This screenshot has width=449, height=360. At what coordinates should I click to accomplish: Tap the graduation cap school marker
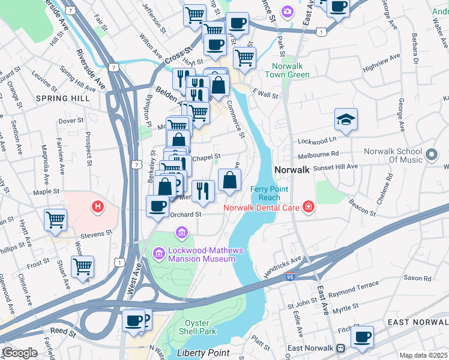tap(346, 120)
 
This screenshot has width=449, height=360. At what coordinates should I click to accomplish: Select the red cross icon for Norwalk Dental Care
tap(309, 208)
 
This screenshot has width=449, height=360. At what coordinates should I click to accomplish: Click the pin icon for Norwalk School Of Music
tap(431, 155)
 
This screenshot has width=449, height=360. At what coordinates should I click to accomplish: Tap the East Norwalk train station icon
tap(340, 349)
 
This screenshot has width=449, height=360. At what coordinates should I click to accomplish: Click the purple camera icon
tap(288, 11)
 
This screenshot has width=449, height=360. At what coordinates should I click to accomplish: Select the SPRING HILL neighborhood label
tap(63, 98)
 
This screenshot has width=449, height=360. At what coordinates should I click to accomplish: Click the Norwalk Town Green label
tap(291, 70)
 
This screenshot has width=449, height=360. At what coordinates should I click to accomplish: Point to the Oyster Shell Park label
tap(197, 327)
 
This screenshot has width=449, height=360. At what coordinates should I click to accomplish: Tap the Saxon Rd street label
tap(417, 278)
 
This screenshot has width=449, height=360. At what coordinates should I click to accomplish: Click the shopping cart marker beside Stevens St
tap(55, 219)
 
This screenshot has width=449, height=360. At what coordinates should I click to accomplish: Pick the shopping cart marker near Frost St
tap(82, 267)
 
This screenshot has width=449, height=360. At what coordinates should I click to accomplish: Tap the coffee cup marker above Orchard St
tap(158, 206)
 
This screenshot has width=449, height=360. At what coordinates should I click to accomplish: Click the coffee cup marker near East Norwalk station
tap(362, 337)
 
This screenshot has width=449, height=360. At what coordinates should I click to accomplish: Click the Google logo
tap(20, 353)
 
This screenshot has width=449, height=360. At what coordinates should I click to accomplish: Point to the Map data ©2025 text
tap(423, 355)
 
